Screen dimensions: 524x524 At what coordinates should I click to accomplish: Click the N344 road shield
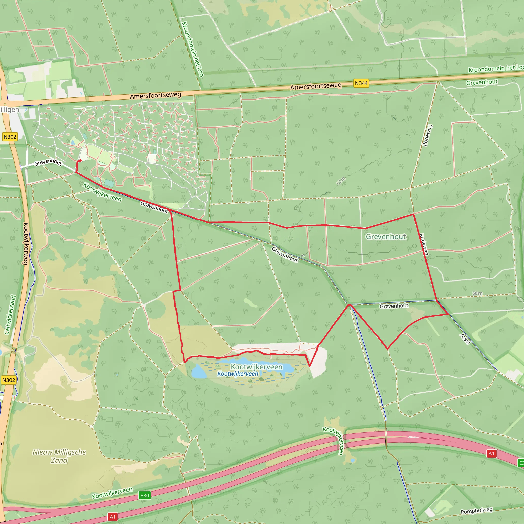point(361,83)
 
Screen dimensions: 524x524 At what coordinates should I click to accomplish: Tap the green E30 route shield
point(145,496)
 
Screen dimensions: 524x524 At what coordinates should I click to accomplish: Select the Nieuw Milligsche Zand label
point(59,456)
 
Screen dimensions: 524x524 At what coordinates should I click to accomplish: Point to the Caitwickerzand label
point(10,315)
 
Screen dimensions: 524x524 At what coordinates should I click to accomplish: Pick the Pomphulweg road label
point(476,511)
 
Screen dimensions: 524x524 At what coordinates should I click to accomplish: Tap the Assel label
point(465,339)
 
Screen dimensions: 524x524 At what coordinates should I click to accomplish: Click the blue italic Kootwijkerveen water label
point(238,374)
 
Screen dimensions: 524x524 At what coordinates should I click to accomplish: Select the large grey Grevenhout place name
point(386,237)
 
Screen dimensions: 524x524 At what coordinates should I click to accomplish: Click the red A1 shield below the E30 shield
point(113,517)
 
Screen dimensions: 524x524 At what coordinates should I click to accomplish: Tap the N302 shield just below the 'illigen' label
point(10,137)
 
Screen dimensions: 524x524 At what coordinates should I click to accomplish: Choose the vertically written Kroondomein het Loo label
point(192,49)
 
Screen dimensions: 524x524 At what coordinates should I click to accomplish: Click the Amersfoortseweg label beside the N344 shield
point(316,86)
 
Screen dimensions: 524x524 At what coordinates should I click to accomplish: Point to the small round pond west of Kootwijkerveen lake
point(199,372)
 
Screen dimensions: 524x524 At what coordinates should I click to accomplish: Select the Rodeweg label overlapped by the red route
point(423,244)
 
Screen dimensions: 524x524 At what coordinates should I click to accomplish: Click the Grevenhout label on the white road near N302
point(48,162)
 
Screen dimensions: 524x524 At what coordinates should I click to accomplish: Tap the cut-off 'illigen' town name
point(10,110)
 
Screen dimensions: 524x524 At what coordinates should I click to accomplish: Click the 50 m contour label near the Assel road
point(477,293)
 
